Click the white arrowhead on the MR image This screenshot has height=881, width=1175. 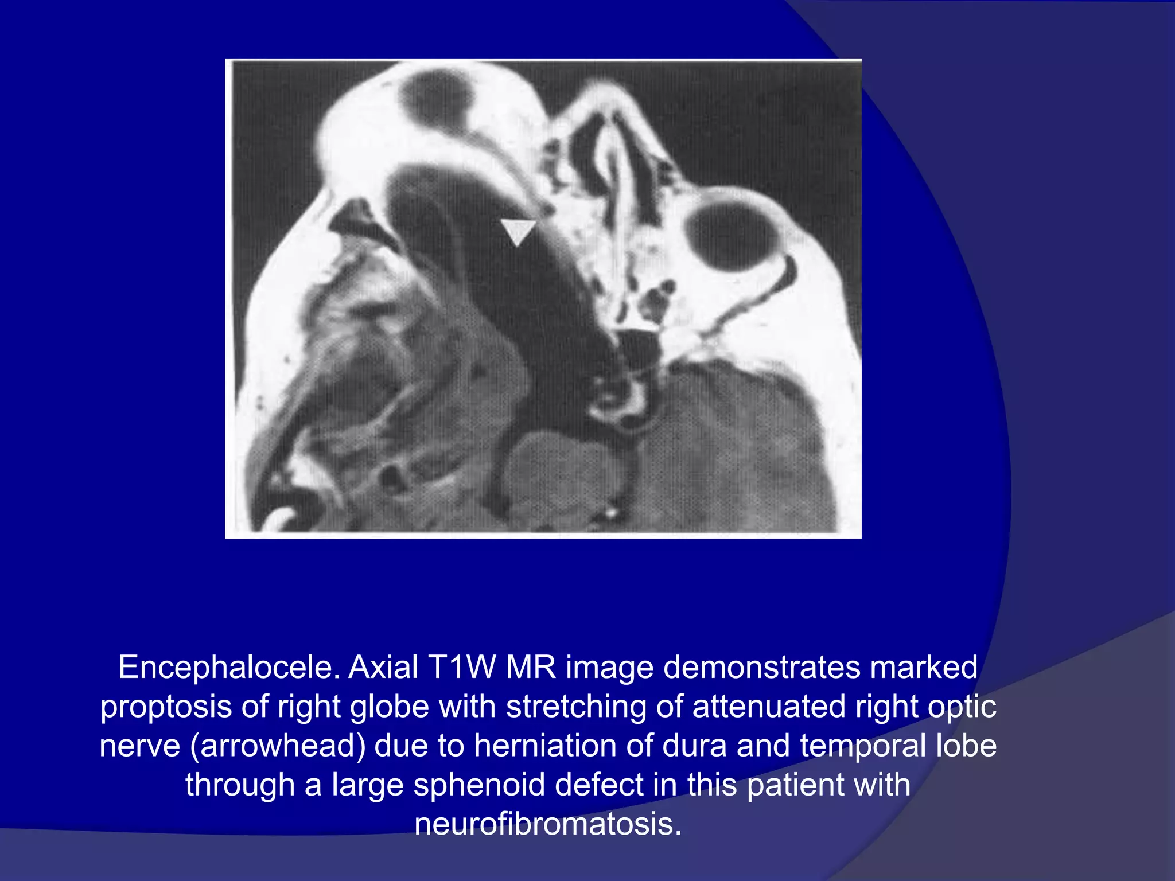pyautogui.click(x=518, y=231)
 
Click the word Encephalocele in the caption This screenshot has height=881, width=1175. pyautogui.click(x=229, y=668)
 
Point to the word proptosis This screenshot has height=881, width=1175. pyautogui.click(x=166, y=707)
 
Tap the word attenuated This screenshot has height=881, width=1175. pyautogui.click(x=769, y=707)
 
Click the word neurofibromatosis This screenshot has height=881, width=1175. pyautogui.click(x=548, y=824)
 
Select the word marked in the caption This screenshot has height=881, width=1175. pyautogui.click(x=924, y=668)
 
